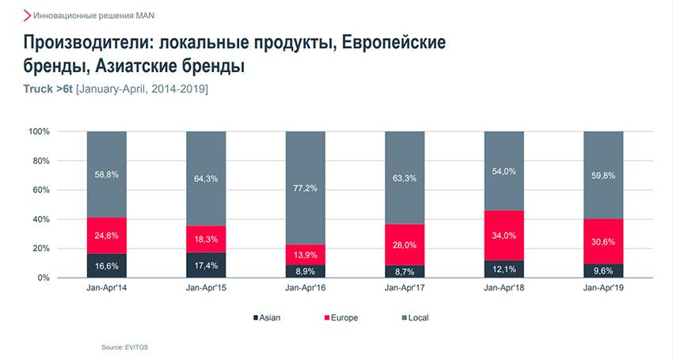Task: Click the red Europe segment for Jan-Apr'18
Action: (x=504, y=235)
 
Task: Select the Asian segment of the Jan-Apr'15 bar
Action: (x=206, y=264)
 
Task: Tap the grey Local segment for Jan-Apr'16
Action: (x=305, y=188)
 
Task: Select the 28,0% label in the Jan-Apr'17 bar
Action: (x=404, y=245)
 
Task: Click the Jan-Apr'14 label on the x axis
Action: (x=107, y=290)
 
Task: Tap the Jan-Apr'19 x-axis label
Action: (x=603, y=290)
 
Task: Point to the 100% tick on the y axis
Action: (x=40, y=131)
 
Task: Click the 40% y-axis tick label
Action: (x=42, y=219)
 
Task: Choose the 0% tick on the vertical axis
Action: (x=44, y=278)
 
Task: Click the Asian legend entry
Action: (x=267, y=318)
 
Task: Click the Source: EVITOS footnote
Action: (x=124, y=347)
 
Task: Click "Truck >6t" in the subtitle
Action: (x=48, y=89)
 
